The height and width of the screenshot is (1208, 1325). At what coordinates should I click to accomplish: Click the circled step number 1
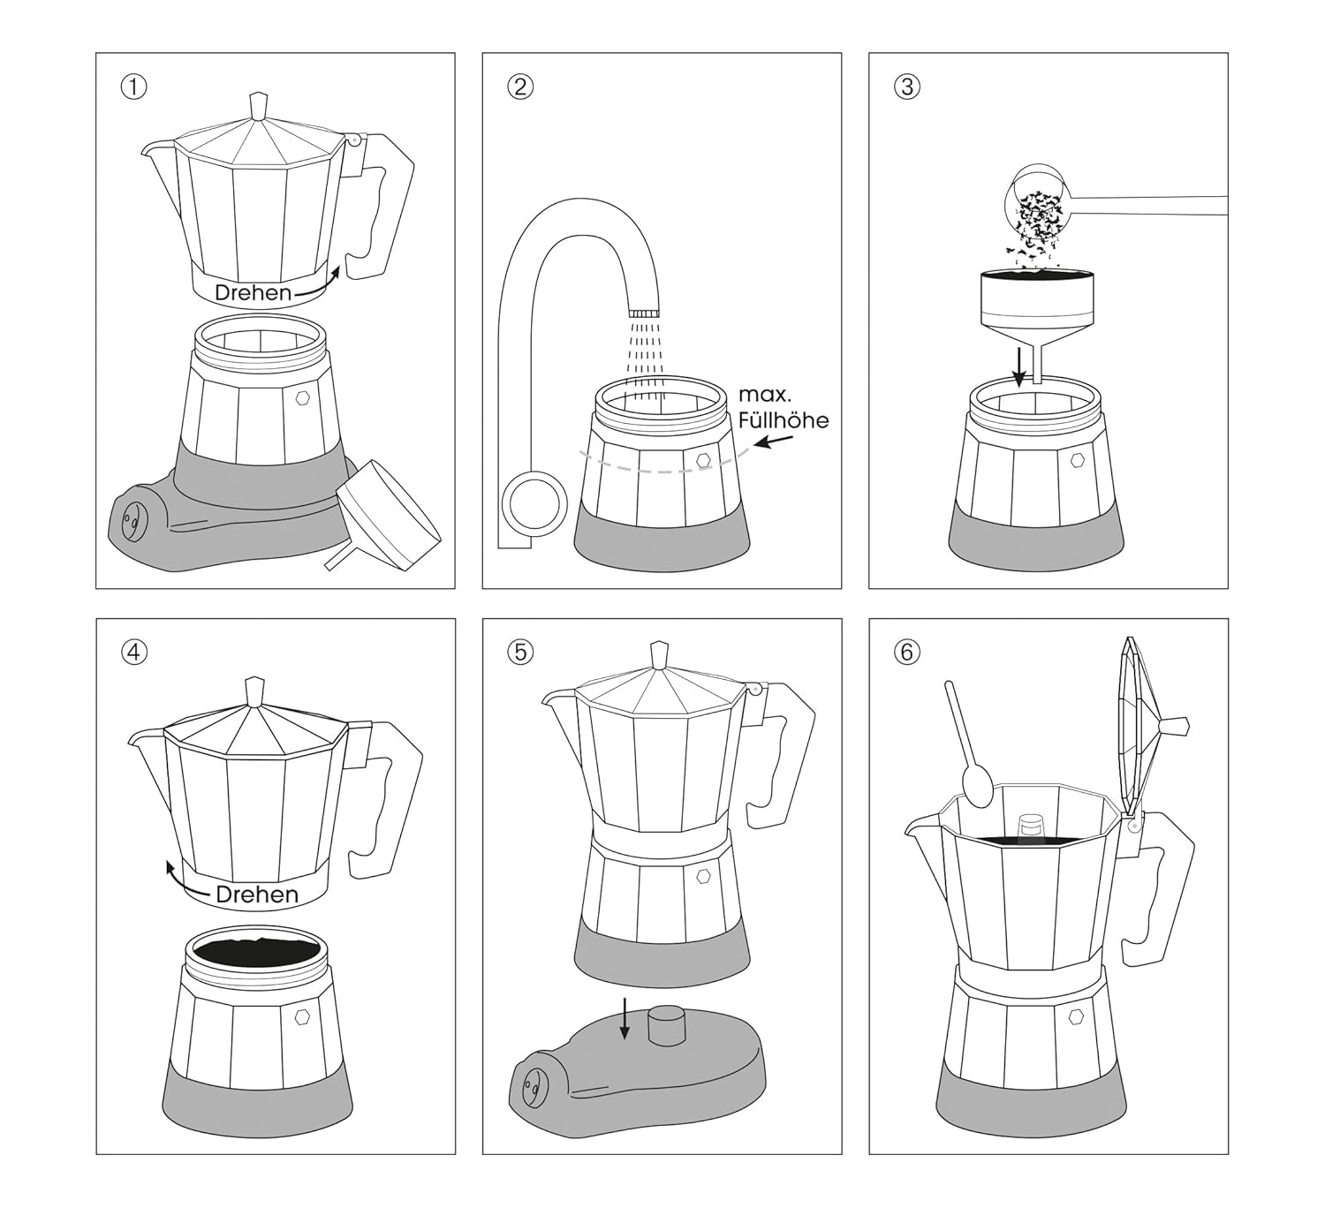tap(133, 87)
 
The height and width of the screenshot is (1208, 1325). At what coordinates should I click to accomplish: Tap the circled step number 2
tap(520, 87)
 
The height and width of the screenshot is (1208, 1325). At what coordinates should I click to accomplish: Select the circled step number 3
tap(907, 87)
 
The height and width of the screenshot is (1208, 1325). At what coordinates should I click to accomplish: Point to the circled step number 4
tap(133, 653)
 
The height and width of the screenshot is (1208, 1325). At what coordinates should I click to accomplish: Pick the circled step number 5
tap(520, 653)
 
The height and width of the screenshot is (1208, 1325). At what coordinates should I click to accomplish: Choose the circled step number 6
tap(907, 653)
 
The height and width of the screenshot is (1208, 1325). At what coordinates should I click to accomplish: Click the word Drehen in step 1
tap(253, 293)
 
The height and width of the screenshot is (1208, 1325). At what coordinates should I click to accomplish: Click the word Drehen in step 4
tap(256, 895)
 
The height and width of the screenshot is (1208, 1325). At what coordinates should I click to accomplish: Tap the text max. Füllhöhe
tap(783, 407)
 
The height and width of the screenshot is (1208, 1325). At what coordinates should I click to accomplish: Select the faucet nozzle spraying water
tap(644, 313)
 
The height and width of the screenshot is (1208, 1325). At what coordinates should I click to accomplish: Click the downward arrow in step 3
tap(1019, 366)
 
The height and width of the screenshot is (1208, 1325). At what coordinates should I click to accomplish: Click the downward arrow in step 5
tap(625, 1019)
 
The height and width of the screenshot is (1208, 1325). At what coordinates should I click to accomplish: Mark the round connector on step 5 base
tap(668, 1026)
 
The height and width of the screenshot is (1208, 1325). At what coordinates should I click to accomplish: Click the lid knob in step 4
tap(255, 691)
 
